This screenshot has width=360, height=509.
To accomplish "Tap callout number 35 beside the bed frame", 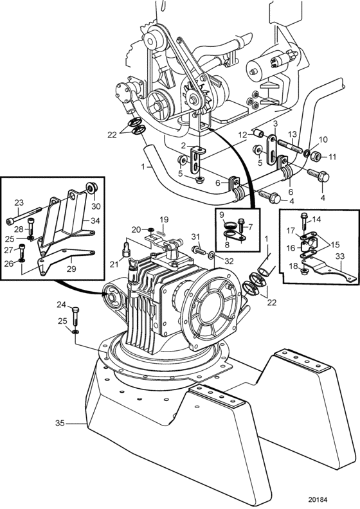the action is pos(60,424).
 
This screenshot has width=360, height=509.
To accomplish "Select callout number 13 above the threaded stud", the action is pos(292,134).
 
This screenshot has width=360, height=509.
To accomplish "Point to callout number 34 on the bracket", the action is pos(96,220).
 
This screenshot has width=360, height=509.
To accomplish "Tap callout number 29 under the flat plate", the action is pos(71,269).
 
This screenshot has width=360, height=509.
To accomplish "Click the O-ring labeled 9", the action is pos(231,225).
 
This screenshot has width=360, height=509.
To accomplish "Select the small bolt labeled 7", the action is pos(241,225).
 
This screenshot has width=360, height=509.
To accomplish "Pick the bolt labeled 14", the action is pos(304,222).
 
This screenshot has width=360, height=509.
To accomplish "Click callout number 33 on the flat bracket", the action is pos(339,256).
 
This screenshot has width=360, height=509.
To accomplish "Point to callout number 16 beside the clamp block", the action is pos(291,248).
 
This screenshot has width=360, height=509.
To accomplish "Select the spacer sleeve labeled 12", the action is pos(258,133).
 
